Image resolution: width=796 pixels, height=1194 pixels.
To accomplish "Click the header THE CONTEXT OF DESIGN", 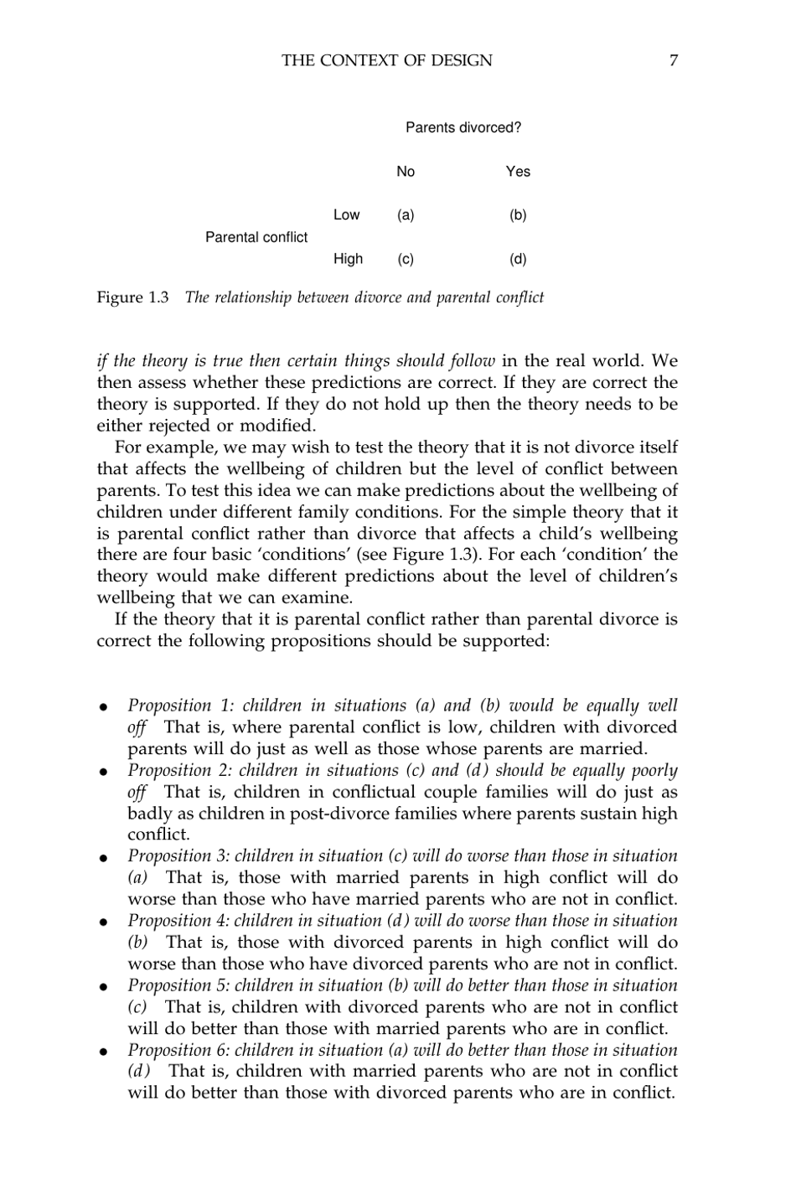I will (387, 60).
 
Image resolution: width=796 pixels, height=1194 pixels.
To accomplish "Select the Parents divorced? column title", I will (463, 128).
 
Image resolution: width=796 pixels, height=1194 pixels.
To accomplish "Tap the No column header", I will (406, 172).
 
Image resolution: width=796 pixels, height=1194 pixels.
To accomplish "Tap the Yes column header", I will (518, 172).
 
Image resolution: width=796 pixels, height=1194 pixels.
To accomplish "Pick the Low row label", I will (346, 215).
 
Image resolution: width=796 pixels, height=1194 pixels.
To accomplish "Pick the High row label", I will (348, 259).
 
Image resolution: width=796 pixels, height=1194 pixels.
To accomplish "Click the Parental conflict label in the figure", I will (256, 237).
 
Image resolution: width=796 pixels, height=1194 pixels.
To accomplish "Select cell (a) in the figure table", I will (406, 215).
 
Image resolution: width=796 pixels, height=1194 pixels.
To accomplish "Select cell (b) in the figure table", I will (518, 215).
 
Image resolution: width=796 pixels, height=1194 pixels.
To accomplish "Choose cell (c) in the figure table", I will (406, 259).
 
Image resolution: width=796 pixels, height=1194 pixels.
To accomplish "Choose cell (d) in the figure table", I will (518, 259).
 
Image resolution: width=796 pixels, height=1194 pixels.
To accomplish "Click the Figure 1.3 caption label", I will (133, 297).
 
